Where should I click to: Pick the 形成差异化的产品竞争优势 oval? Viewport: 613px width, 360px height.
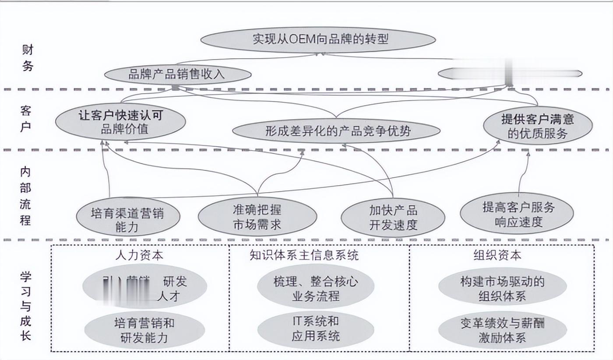click(336, 131)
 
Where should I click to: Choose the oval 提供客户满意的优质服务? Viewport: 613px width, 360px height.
click(538, 126)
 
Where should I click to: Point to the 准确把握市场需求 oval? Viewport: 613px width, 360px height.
click(257, 217)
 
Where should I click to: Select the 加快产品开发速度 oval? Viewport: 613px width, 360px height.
click(393, 218)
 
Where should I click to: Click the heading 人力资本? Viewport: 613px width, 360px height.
click(140, 255)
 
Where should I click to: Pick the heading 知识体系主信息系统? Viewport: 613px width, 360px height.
click(304, 255)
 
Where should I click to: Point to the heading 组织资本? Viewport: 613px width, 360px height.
click(497, 255)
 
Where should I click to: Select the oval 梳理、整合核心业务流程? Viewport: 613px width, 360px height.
click(315, 289)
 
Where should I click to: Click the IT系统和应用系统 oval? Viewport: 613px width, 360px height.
click(315, 328)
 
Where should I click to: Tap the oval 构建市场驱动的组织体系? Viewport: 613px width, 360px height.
click(502, 289)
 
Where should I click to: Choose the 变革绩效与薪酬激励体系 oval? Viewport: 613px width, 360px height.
click(502, 330)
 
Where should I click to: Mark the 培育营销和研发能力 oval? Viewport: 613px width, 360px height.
click(144, 330)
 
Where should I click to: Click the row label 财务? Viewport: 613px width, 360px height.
click(27, 59)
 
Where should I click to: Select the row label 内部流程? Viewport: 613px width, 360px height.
click(26, 196)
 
